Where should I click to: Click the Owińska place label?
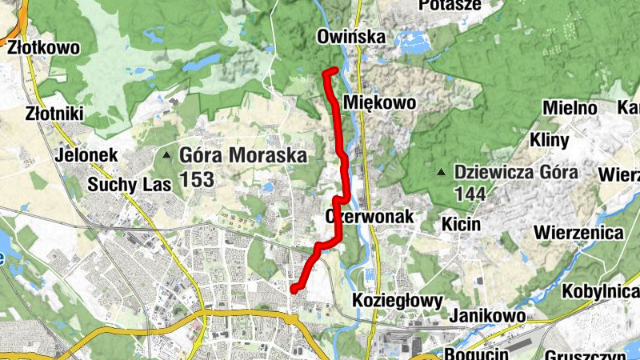point(351,37)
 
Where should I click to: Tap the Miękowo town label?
point(379,102)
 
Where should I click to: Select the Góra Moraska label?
point(242,155)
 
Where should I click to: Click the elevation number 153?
point(197,179)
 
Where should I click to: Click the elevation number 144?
point(470,193)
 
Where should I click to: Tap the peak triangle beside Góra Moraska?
point(166,155)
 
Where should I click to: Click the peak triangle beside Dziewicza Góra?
point(440,172)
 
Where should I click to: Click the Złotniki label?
point(54,114)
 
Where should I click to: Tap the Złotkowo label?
point(44,48)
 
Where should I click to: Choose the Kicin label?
point(462,224)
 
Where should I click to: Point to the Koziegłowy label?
point(398,300)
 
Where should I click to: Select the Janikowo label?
point(486,316)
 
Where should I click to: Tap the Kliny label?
point(550,141)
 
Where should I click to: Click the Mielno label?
point(570,108)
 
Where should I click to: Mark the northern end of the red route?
point(324,74)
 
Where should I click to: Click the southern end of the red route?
point(293,289)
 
